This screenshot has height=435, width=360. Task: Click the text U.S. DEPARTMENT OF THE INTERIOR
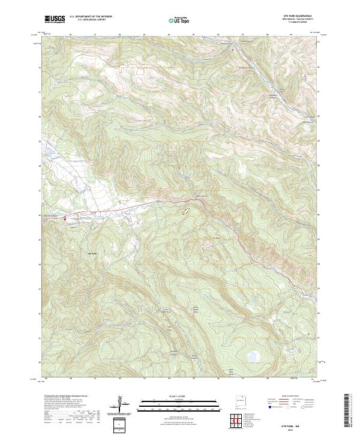point(91,17)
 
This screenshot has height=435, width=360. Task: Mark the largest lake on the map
point(253,356)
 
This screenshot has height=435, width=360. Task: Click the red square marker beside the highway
point(65,220)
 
